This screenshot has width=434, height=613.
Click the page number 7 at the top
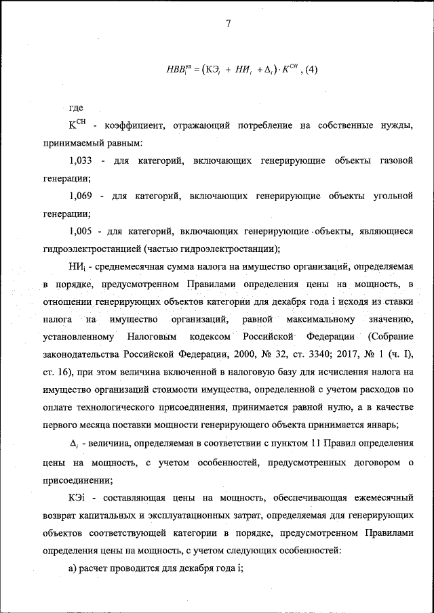pyautogui.click(x=229, y=24)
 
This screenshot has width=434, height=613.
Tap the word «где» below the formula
pyautogui.click(x=77, y=108)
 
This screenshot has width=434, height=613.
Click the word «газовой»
pyautogui.click(x=395, y=161)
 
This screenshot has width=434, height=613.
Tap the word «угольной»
pyautogui.click(x=393, y=196)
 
